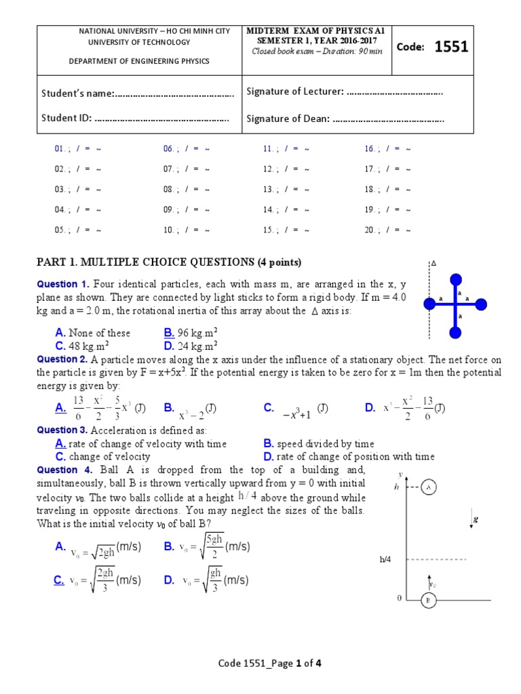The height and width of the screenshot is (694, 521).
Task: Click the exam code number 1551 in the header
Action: tap(451, 47)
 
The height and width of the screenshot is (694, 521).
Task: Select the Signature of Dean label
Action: tap(288, 119)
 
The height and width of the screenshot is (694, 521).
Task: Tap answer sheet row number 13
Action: tap(268, 189)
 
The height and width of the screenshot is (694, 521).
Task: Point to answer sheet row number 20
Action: tap(370, 230)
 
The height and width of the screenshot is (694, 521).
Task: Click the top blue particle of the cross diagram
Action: tap(456, 278)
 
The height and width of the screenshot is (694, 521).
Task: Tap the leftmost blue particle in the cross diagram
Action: tap(429, 304)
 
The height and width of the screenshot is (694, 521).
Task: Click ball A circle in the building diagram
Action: tap(428, 487)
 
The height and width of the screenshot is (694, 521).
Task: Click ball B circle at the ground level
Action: tap(428, 600)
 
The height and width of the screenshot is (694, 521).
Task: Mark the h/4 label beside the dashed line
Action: tap(386, 560)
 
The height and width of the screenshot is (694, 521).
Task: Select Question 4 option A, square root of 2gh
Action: tap(98, 547)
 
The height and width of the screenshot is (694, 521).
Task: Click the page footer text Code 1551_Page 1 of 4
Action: tap(269, 664)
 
